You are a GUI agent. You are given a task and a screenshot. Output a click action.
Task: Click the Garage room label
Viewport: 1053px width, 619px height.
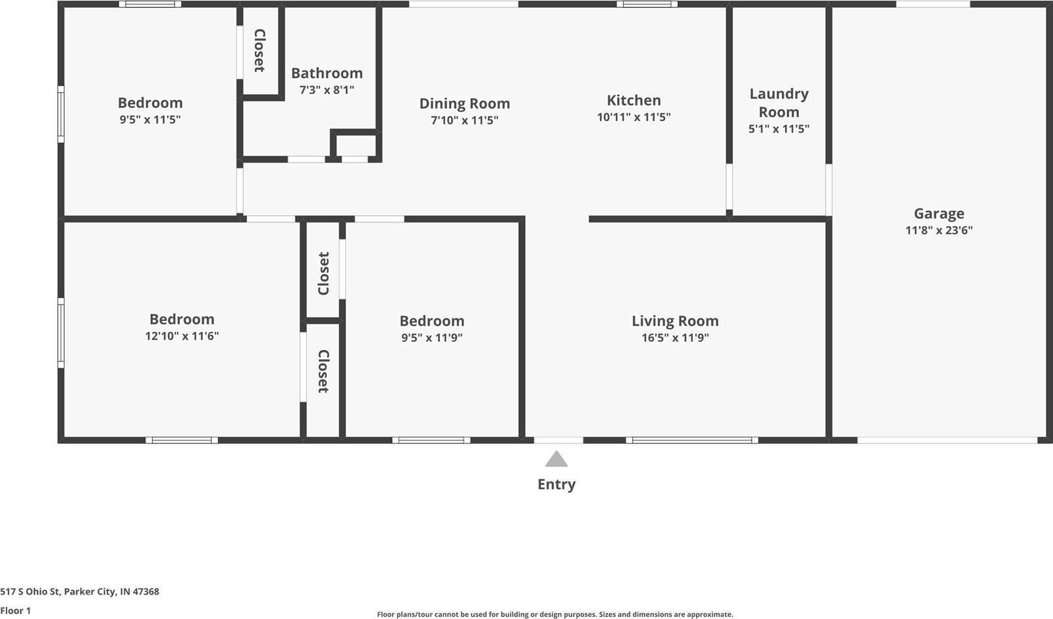pyautogui.click(x=938, y=213)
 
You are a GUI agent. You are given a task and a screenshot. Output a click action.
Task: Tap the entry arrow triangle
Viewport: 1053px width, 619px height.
pyautogui.click(x=556, y=459)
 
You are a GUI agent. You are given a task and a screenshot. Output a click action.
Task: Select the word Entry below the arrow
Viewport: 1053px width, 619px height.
pyautogui.click(x=556, y=484)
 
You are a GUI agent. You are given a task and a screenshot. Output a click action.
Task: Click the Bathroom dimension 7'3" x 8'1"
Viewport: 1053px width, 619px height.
pyautogui.click(x=327, y=89)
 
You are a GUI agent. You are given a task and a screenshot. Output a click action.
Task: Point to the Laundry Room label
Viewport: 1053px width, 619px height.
pyautogui.click(x=778, y=103)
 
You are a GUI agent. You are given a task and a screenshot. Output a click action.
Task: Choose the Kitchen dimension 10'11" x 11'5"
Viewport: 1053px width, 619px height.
pyautogui.click(x=634, y=117)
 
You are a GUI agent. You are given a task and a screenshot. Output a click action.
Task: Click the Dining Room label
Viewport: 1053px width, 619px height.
pyautogui.click(x=464, y=103)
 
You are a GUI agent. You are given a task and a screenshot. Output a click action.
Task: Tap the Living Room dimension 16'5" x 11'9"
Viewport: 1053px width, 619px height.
pyautogui.click(x=675, y=337)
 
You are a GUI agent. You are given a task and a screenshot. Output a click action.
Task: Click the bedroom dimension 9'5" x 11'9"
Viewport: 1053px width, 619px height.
pyautogui.click(x=432, y=337)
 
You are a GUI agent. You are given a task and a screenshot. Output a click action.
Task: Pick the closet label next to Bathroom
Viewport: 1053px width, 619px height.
pyautogui.click(x=259, y=51)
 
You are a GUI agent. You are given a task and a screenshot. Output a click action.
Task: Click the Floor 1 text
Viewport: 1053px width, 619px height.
pyautogui.click(x=16, y=610)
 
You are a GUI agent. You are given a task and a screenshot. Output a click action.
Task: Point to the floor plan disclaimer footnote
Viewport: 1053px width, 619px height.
pyautogui.click(x=554, y=614)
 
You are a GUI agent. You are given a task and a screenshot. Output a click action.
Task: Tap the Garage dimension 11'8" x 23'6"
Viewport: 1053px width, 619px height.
pyautogui.click(x=938, y=230)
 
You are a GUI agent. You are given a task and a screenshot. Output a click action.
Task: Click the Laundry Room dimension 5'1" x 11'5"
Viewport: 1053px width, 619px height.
pyautogui.click(x=778, y=129)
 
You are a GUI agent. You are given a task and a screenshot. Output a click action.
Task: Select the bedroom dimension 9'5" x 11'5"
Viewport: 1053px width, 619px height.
pyautogui.click(x=150, y=120)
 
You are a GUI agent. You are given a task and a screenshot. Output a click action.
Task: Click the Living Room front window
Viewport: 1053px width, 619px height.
pyautogui.click(x=691, y=440)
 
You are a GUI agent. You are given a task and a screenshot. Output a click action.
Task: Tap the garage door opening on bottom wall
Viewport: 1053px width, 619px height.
pyautogui.click(x=947, y=440)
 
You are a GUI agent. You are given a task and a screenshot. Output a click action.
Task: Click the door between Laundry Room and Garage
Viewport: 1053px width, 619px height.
pyautogui.click(x=828, y=189)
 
